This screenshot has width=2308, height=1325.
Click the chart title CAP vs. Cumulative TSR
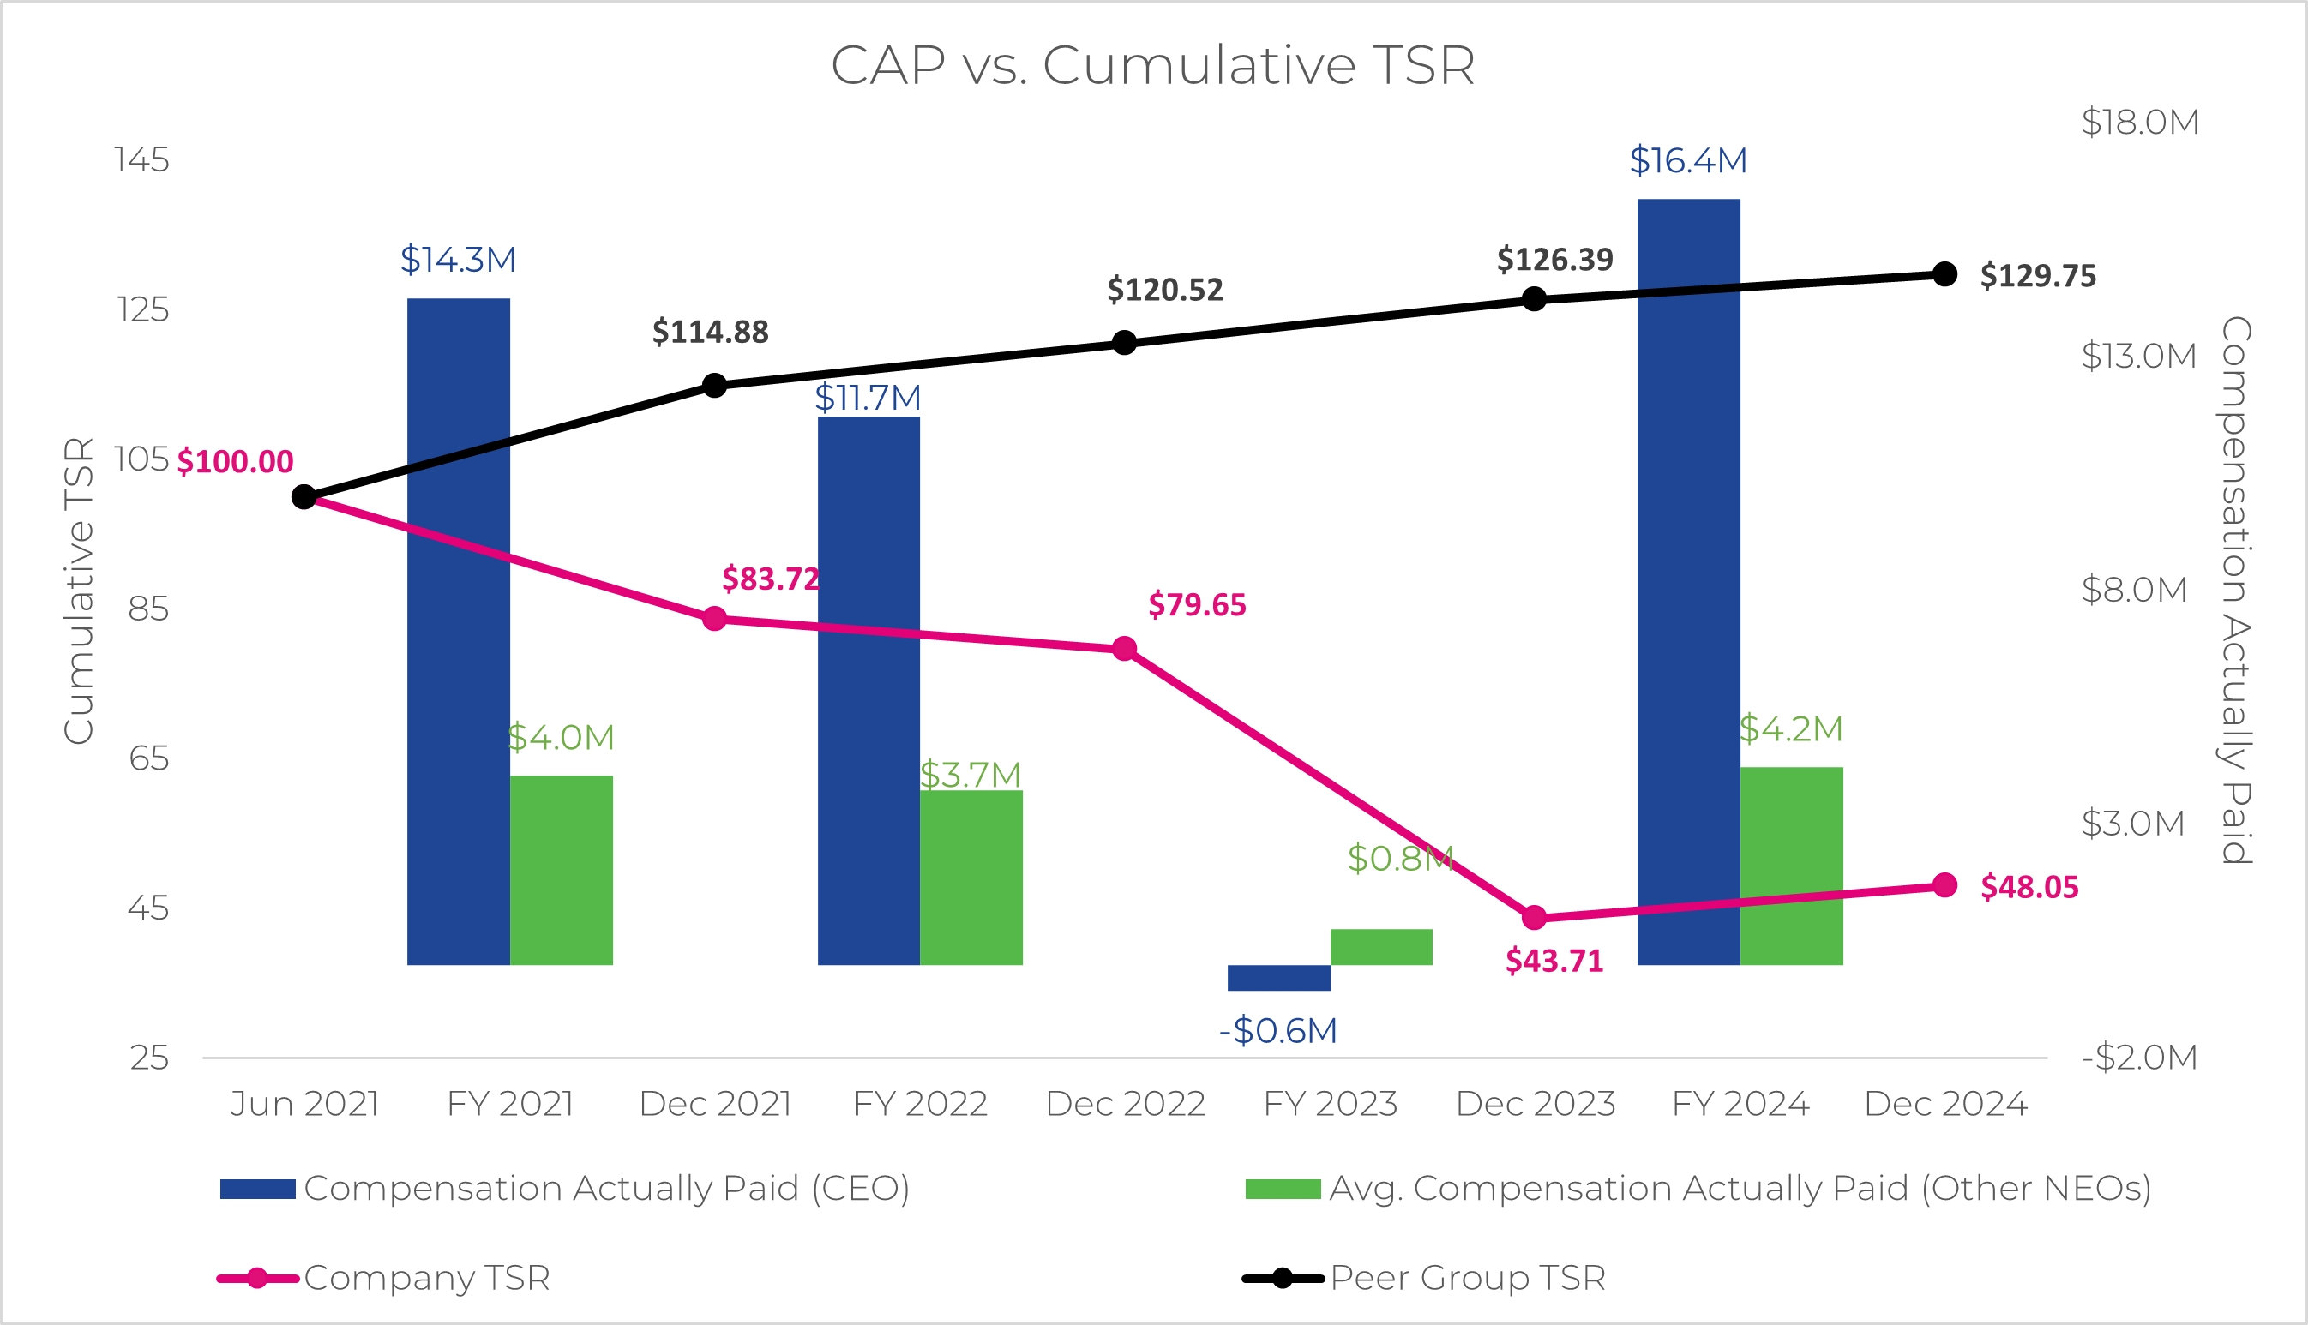(x=1152, y=65)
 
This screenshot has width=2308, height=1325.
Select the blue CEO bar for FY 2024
(x=1688, y=583)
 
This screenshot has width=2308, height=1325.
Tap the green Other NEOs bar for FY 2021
(x=561, y=870)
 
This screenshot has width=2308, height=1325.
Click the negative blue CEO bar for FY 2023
(x=1277, y=977)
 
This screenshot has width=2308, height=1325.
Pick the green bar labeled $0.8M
(x=1380, y=946)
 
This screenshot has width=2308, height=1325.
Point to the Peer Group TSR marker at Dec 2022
(x=1125, y=343)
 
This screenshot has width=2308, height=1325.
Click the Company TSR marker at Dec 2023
(x=1535, y=918)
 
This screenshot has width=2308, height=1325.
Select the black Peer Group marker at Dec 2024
(x=1944, y=274)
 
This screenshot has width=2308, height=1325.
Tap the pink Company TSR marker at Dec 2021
(x=715, y=619)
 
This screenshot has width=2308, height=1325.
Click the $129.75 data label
(x=2038, y=276)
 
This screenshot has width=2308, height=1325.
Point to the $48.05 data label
(x=2029, y=887)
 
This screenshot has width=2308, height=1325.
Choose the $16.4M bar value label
(x=1688, y=161)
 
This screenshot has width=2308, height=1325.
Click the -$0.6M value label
(x=1277, y=1031)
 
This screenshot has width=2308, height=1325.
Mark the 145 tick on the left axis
(x=141, y=160)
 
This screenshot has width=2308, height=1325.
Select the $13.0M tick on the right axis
(x=2139, y=356)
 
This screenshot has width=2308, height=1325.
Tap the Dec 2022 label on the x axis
(x=1125, y=1104)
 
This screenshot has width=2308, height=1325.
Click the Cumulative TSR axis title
(x=79, y=591)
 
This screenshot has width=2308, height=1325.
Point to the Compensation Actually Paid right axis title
(x=2236, y=590)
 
